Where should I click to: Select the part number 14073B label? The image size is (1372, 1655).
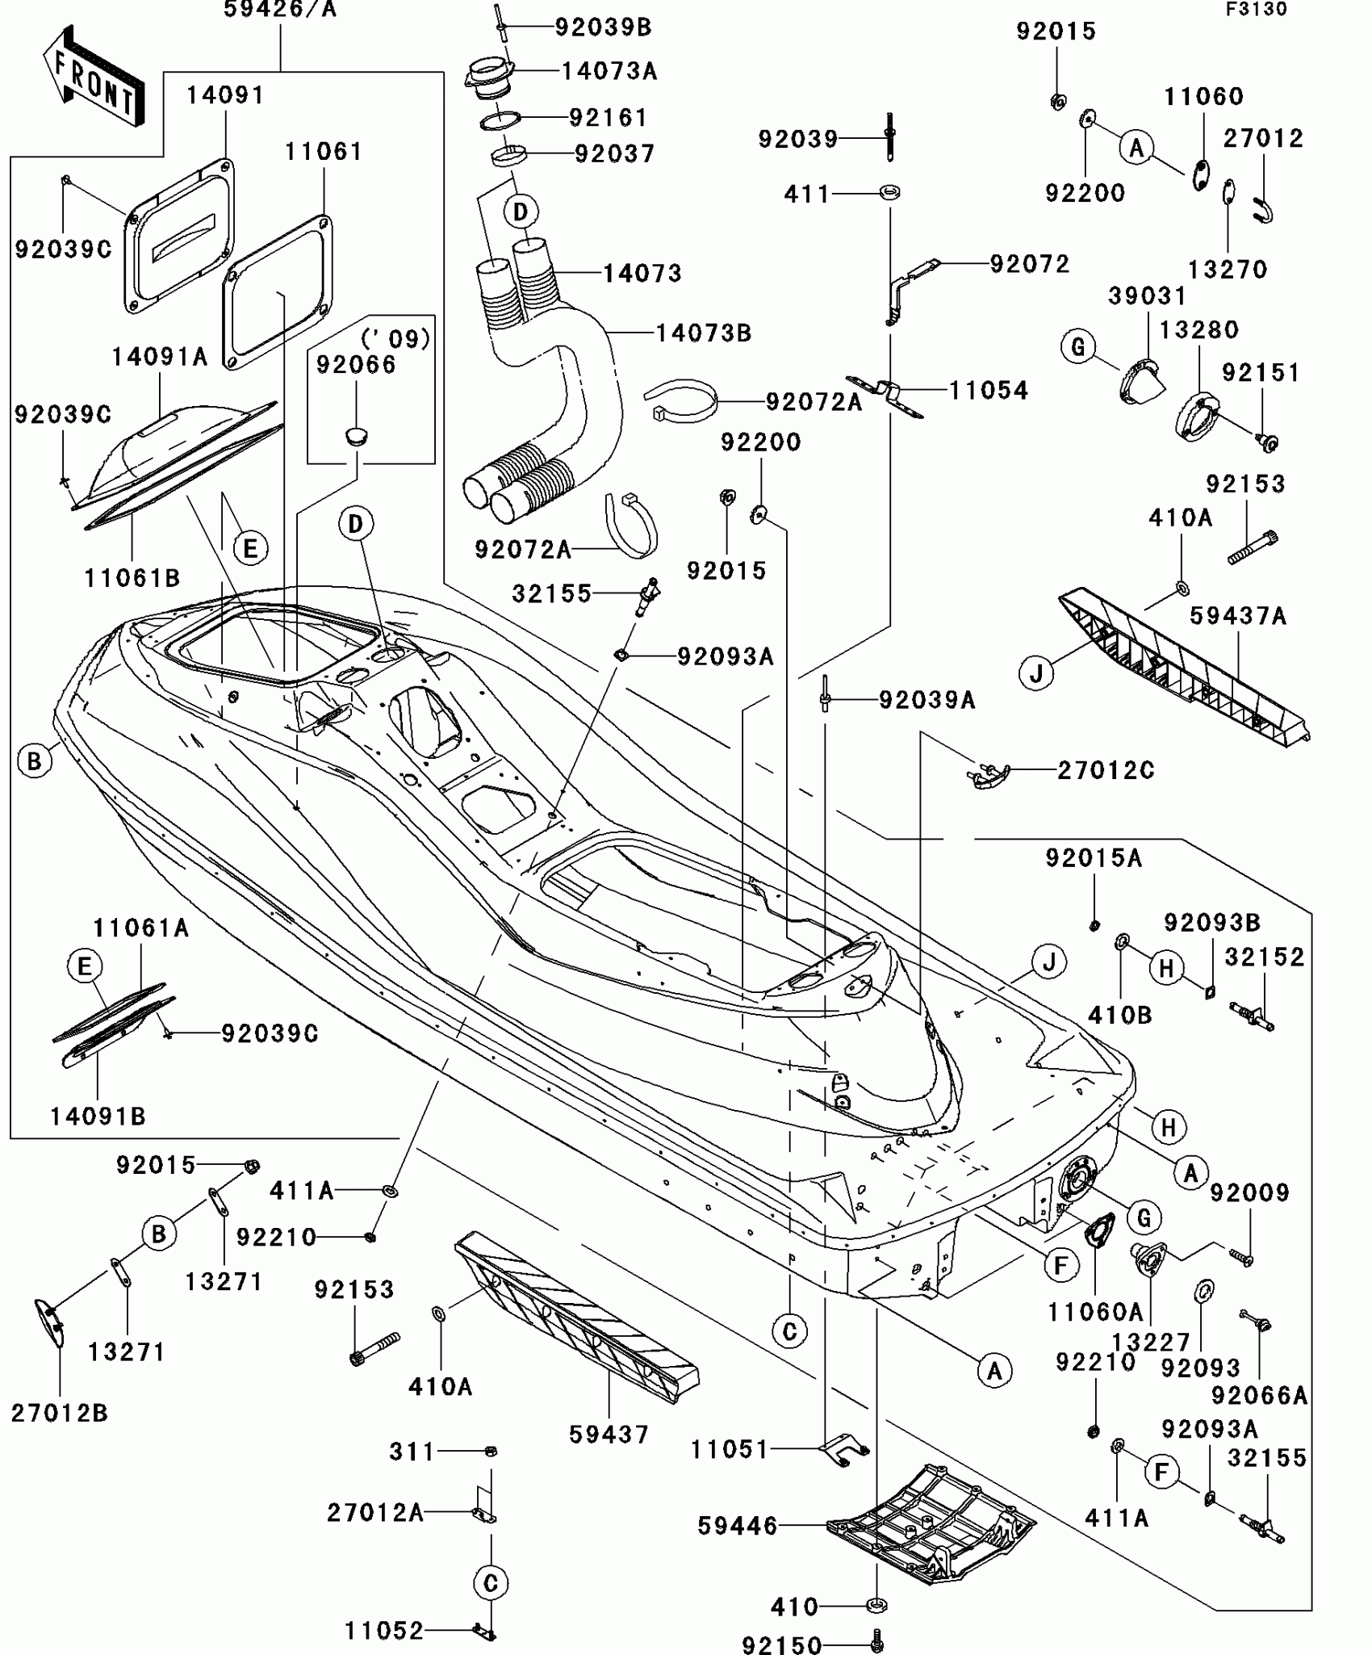click(x=703, y=333)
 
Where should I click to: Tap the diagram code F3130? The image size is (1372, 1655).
click(x=1257, y=10)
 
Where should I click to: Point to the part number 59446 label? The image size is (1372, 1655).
click(x=738, y=1526)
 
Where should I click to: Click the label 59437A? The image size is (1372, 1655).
click(x=1238, y=617)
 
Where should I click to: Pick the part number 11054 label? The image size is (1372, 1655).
click(x=988, y=391)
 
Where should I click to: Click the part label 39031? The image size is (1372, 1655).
click(x=1147, y=295)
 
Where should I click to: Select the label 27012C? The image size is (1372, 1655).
click(x=1106, y=771)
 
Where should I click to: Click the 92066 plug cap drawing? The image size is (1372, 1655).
click(x=355, y=437)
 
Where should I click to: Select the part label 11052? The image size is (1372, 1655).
click(x=384, y=1631)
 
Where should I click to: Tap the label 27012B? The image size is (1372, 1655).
click(x=59, y=1413)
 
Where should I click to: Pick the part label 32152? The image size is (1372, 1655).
click(x=1265, y=957)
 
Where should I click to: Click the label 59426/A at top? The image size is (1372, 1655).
click(x=279, y=10)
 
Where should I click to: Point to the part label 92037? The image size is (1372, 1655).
click(x=614, y=153)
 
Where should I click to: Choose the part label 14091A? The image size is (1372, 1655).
click(x=159, y=357)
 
